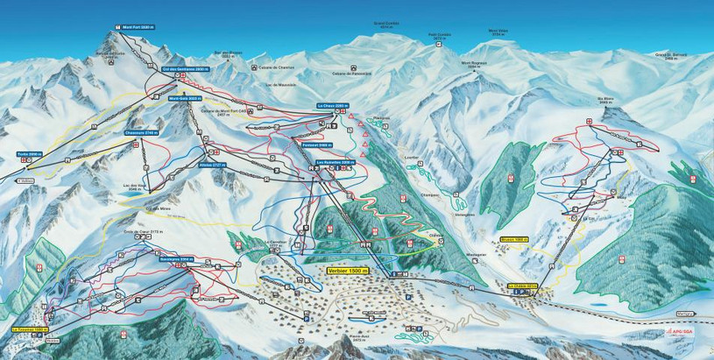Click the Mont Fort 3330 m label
[x=129, y=26]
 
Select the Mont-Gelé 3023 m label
[x=186, y=99]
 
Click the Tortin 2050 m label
[x=29, y=153]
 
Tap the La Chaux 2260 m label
[x=333, y=105]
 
